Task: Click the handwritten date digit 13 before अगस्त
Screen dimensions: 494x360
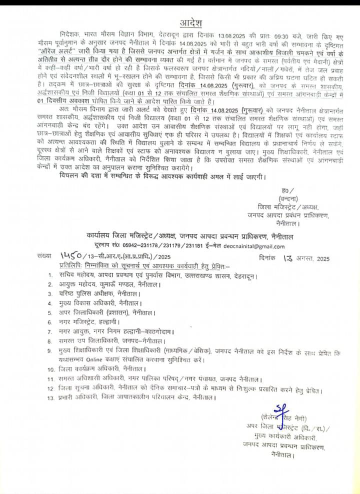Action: [x=288, y=257]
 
